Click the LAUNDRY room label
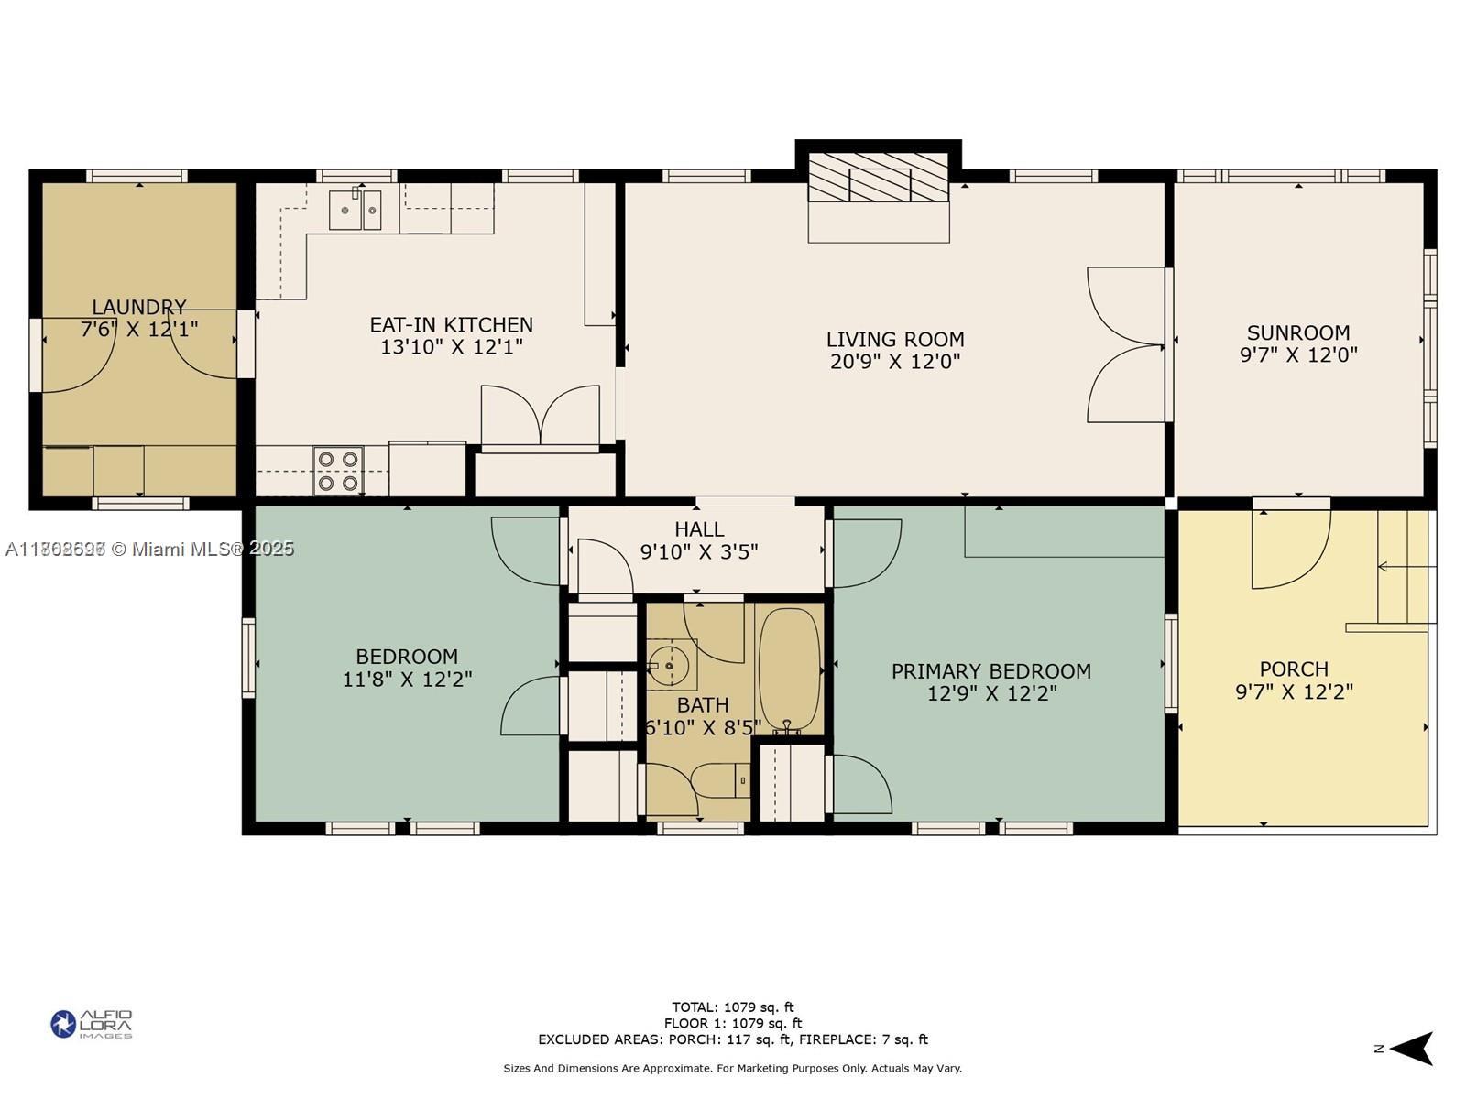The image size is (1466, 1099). tap(139, 308)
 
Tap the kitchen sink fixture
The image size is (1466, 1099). tap(356, 211)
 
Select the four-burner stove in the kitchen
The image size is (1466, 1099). tap(338, 471)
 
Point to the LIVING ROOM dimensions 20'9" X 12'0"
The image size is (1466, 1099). tap(895, 361)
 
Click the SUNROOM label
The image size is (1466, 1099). tap(1298, 332)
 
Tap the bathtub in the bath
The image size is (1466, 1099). tap(789, 669)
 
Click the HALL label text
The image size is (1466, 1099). tap(699, 529)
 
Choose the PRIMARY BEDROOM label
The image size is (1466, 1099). tap(991, 671)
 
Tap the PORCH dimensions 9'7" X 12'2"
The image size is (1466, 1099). tap(1294, 691)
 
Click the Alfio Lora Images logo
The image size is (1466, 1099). tap(92, 1024)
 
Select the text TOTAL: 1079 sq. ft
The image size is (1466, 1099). tap(733, 1007)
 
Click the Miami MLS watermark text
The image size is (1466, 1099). tap(149, 549)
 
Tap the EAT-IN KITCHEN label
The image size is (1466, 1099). tap(451, 325)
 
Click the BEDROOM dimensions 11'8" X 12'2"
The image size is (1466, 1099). tap(407, 680)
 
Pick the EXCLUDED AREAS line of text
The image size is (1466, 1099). tap(733, 1039)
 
